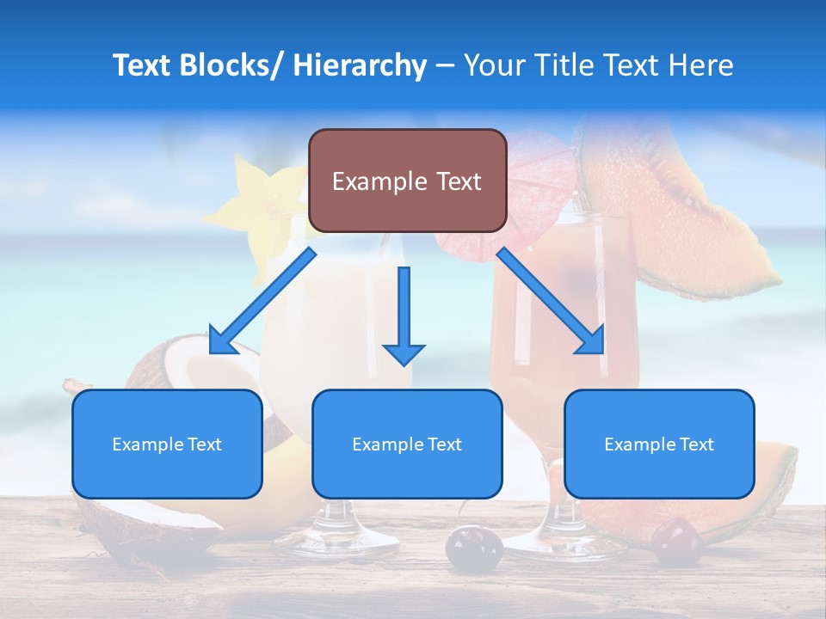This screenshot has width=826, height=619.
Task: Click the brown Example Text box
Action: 407,181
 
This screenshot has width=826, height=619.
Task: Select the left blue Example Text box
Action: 167,444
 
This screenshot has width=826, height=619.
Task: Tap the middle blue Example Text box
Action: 407,444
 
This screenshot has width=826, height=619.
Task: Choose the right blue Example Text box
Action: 659,444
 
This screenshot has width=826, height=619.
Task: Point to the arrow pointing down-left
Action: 262,301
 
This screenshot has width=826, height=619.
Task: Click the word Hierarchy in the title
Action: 360,65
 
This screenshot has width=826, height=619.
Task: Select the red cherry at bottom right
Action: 676,542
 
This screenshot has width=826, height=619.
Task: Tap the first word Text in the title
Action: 145,65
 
